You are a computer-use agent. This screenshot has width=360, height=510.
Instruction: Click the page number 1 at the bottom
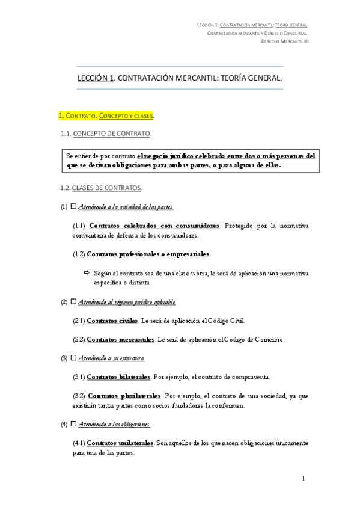pyautogui.click(x=304, y=479)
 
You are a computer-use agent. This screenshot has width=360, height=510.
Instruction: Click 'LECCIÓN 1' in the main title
pyautogui.click(x=96, y=78)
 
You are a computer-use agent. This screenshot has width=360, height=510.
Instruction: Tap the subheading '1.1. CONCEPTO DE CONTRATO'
pyautogui.click(x=106, y=133)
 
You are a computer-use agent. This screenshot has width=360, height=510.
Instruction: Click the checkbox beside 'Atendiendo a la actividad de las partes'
pyautogui.click(x=73, y=207)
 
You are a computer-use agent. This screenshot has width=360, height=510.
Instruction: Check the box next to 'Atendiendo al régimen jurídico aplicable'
pyautogui.click(x=73, y=301)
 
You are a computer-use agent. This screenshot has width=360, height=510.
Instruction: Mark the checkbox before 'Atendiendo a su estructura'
pyautogui.click(x=73, y=358)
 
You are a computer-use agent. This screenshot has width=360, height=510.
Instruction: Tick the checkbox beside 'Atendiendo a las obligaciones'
pyautogui.click(x=73, y=425)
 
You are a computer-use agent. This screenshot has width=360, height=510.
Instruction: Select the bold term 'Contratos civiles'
pyautogui.click(x=113, y=321)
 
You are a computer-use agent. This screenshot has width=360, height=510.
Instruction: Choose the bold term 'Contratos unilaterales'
pyautogui.click(x=120, y=443)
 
